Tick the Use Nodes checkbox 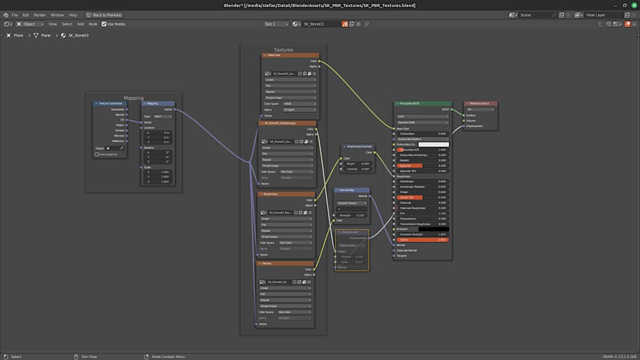click(x=104, y=24)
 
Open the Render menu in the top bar click(x=39, y=15)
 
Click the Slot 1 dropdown click(x=276, y=24)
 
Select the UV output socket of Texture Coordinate click(x=126, y=120)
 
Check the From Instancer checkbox click(x=97, y=154)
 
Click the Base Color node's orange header click(x=290, y=55)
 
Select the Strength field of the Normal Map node click(x=352, y=215)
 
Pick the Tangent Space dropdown click(x=352, y=203)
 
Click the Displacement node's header click(x=352, y=232)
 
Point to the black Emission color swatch click(x=433, y=229)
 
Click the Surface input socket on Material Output click(x=464, y=115)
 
